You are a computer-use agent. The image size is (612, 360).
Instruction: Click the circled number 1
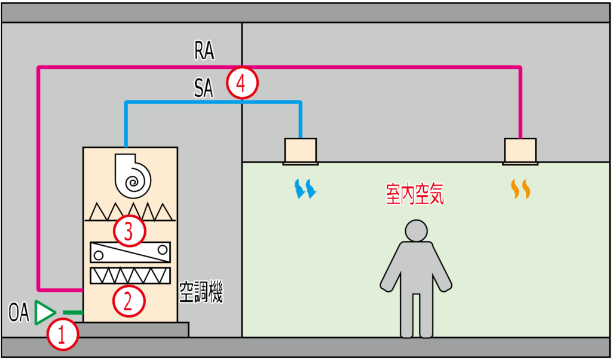(x=63, y=335)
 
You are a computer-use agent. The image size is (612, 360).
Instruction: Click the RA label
(x=204, y=52)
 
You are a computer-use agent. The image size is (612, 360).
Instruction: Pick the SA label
(x=204, y=89)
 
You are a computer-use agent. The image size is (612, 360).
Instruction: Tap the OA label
(x=19, y=313)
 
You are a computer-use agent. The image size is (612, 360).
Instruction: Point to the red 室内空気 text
(x=415, y=196)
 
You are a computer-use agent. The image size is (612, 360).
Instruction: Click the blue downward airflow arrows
(x=305, y=188)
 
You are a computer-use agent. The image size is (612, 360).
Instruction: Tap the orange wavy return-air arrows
(x=520, y=189)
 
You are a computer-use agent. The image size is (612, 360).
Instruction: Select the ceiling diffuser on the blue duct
(x=301, y=151)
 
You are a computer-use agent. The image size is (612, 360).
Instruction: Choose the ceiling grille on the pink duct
(x=520, y=151)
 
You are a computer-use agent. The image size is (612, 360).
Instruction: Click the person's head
(x=416, y=231)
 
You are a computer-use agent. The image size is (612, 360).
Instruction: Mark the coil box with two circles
(x=130, y=252)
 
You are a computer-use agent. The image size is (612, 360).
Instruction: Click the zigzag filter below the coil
(x=130, y=276)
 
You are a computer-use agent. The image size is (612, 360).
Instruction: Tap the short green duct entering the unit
(x=73, y=313)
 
